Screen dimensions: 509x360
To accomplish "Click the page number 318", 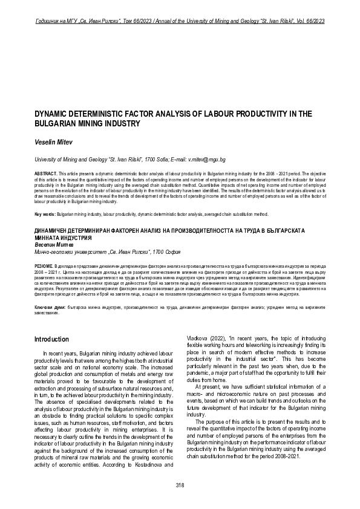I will click(180, 485).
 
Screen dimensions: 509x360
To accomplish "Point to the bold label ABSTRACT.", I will click(46, 173).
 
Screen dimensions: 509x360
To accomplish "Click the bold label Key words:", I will click(45, 214).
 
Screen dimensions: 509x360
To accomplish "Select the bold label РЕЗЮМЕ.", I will click(44, 266).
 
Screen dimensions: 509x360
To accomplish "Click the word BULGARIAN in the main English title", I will click(58, 123).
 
